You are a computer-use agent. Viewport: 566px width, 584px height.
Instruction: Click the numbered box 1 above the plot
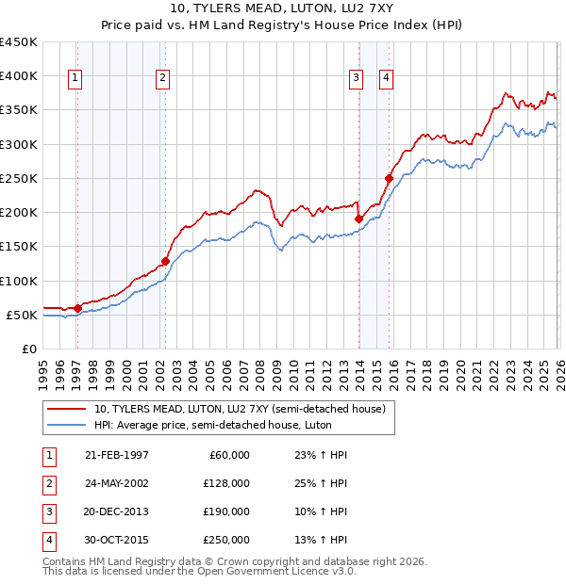(75, 78)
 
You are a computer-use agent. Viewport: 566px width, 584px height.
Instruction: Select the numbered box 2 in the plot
(163, 78)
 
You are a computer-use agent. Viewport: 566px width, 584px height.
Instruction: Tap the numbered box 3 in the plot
(357, 78)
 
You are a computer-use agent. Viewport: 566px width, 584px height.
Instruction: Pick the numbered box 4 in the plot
(387, 78)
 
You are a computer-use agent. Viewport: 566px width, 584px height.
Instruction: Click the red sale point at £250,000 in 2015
(389, 178)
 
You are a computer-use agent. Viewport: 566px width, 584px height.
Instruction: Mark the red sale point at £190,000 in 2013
(358, 219)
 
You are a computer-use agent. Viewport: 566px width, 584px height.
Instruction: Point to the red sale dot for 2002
(165, 261)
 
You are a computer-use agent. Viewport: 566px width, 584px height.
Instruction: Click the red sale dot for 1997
(77, 307)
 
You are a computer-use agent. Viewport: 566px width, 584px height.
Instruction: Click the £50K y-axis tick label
(22, 315)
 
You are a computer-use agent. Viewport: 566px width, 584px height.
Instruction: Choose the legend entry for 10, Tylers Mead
(240, 409)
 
